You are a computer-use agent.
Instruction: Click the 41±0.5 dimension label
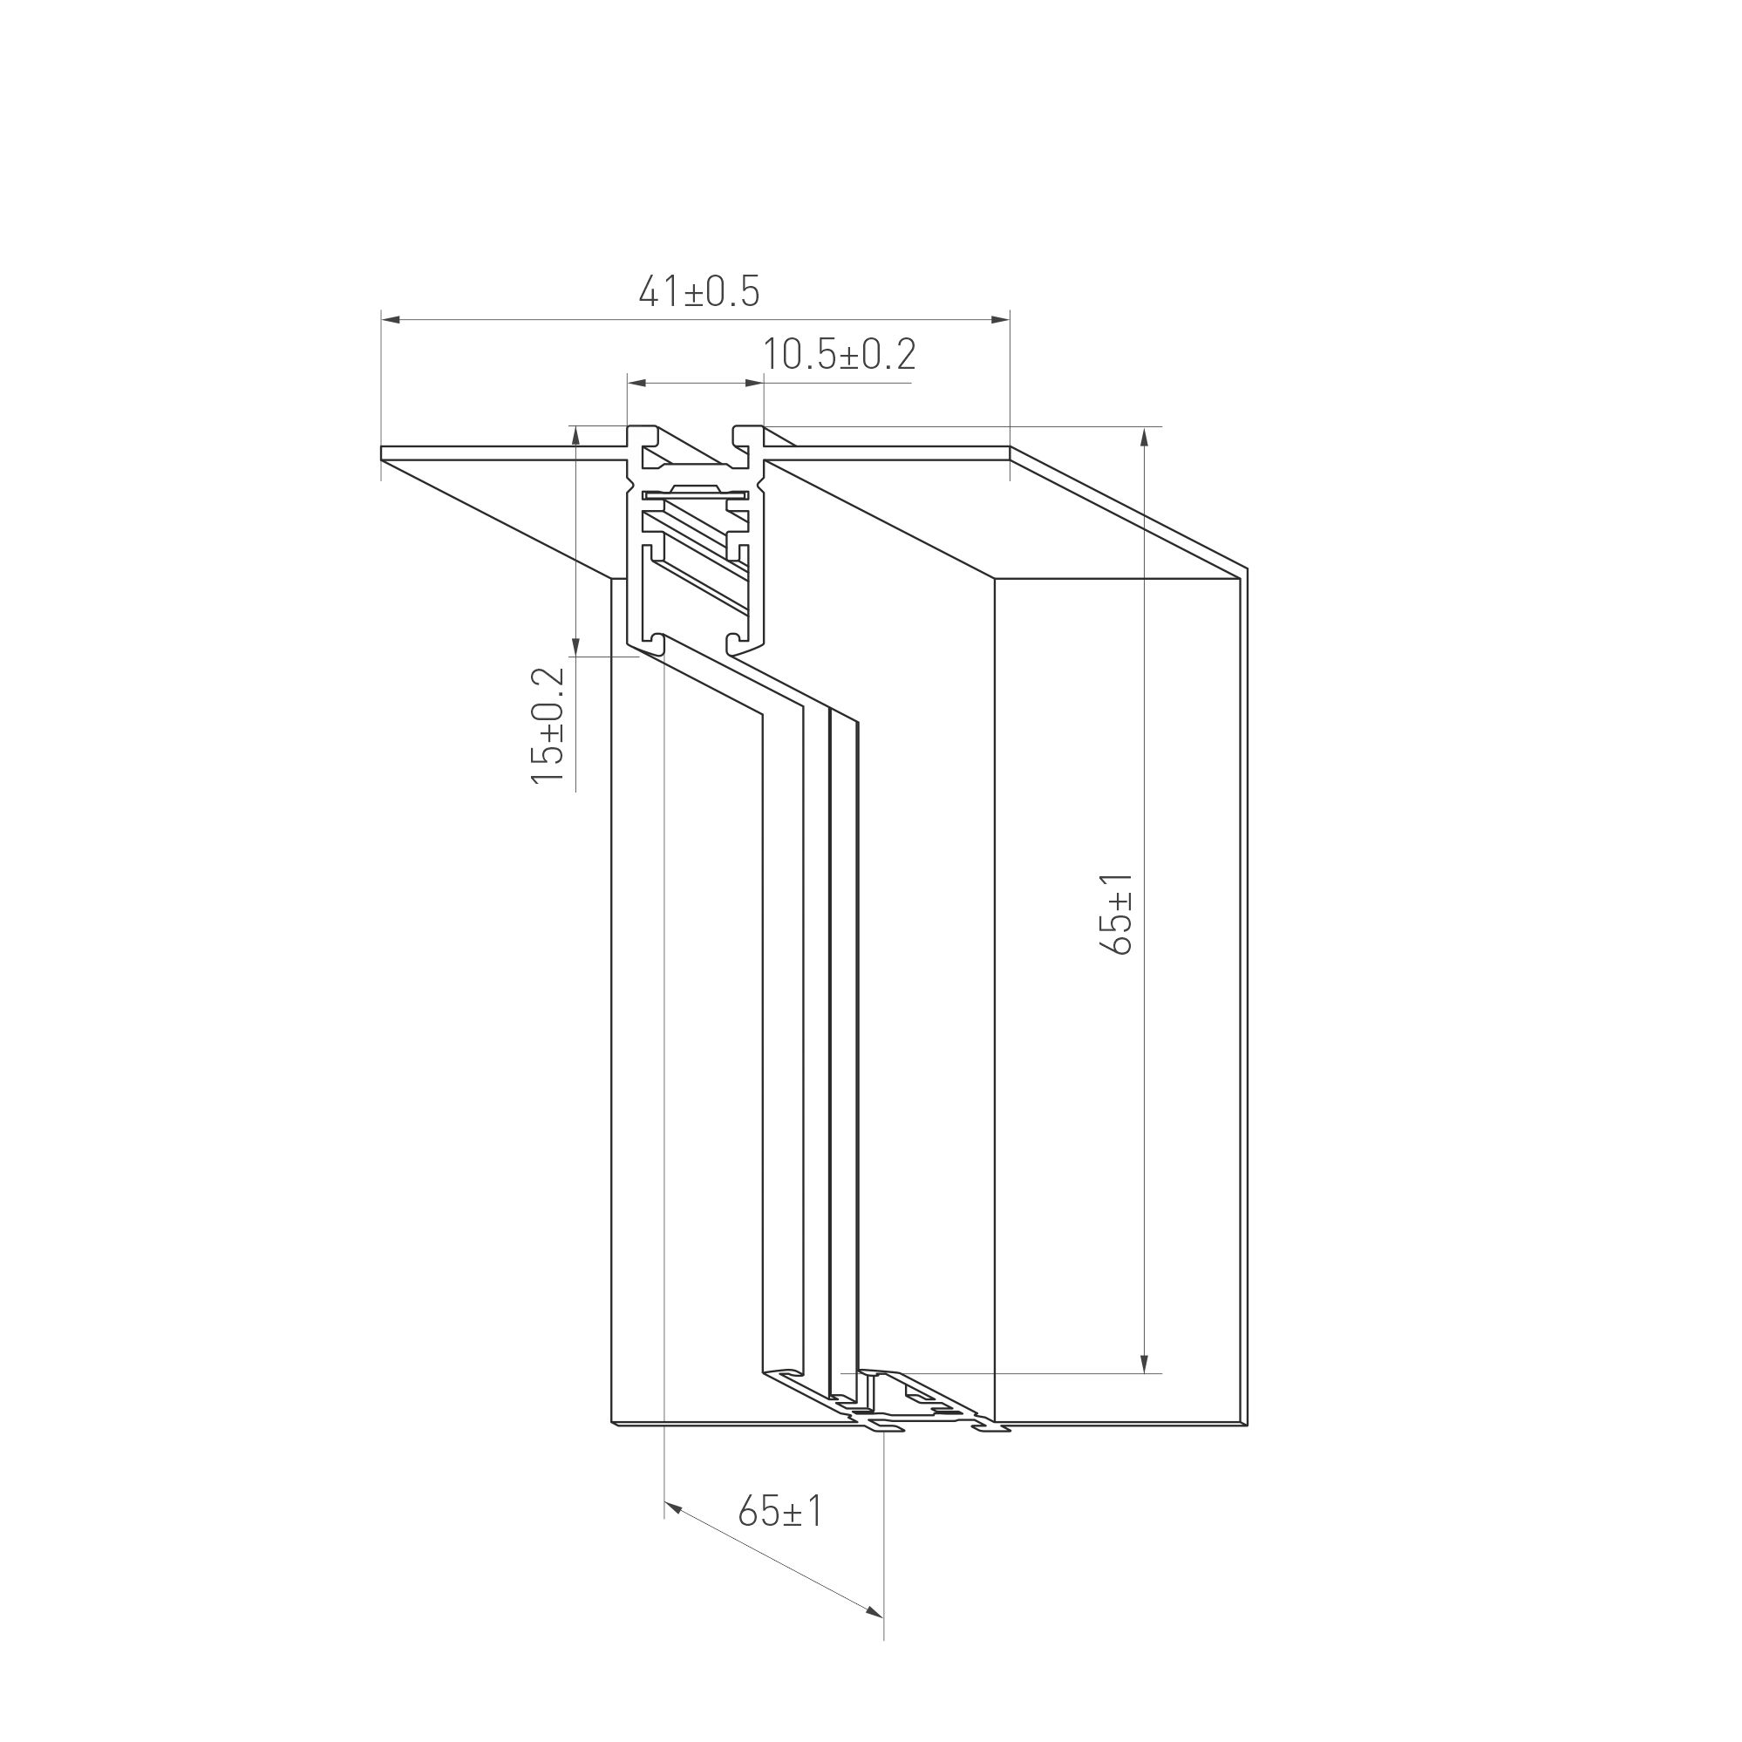click(698, 292)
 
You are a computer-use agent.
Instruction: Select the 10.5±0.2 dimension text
click(840, 354)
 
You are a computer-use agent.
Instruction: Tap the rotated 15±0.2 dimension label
click(548, 725)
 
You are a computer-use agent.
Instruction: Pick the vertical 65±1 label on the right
click(1116, 914)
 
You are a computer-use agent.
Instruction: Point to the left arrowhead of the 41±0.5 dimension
click(390, 319)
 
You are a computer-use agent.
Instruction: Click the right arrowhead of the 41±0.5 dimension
click(1000, 319)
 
